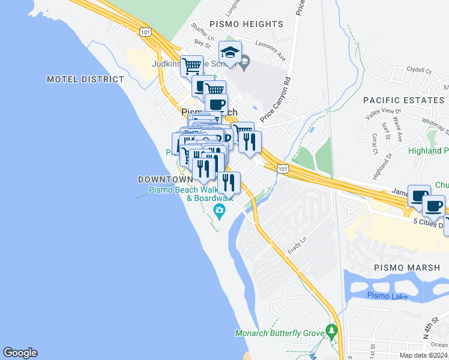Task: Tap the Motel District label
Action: point(85,79)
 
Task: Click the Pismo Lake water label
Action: point(387,296)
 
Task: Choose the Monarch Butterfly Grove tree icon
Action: point(331,330)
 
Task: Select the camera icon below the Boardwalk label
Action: point(220,210)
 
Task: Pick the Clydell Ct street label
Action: point(419,70)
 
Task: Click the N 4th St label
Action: point(434,332)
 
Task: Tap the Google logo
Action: point(20,353)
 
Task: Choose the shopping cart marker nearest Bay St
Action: point(191,66)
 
